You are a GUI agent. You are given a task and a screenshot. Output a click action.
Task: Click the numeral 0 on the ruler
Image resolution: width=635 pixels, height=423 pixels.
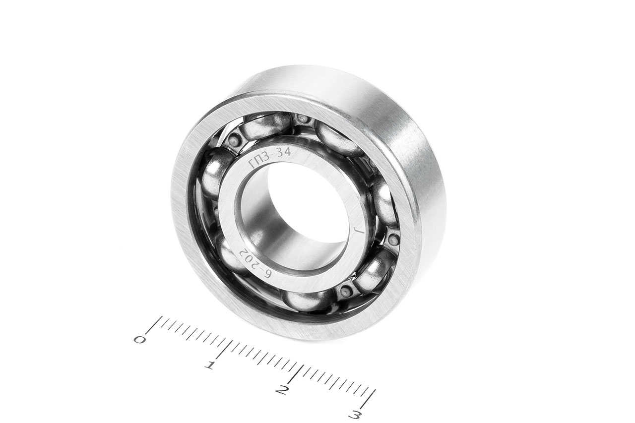pos(139,339)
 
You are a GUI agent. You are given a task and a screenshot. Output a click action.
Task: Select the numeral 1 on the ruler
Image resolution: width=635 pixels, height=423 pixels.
pos(209,365)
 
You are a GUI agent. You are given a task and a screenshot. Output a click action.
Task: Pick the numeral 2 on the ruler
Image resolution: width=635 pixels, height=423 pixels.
pos(282,390)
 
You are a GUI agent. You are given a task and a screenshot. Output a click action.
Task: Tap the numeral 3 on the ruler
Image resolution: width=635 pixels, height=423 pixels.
pos(355,415)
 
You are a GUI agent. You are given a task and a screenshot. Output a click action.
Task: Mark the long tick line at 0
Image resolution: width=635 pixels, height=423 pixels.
pos(154,325)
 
